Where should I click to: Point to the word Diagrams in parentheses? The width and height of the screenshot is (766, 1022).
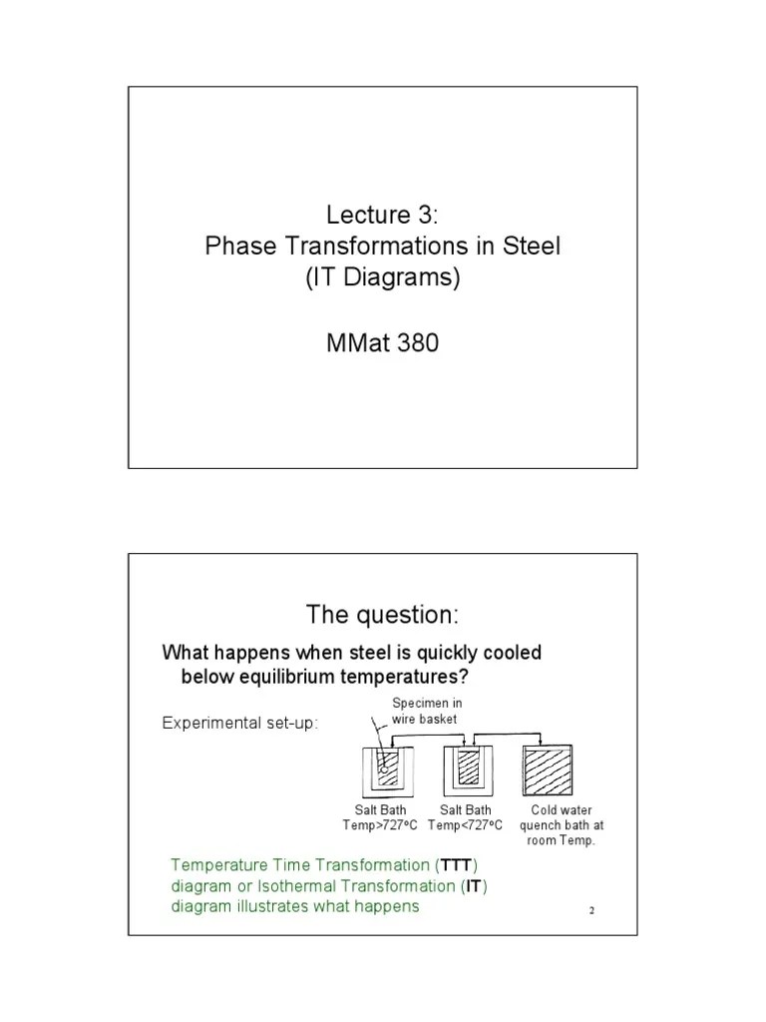pos(403,278)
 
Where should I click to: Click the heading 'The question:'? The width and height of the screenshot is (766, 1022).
pos(383,612)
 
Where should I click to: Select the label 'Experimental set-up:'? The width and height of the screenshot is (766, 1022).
pos(240,723)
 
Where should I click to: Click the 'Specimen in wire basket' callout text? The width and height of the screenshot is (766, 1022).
pos(427,711)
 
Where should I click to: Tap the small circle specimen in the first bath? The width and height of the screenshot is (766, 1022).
pos(382,771)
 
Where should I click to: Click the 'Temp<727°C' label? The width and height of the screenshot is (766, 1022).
pos(466,825)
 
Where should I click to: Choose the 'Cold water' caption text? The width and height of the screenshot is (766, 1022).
pos(556,811)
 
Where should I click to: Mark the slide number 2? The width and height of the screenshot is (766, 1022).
pos(591,911)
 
